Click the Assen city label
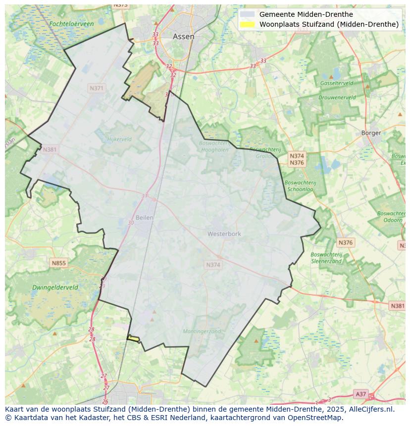tap(183, 37)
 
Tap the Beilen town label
tap(145, 217)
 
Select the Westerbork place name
tap(224, 234)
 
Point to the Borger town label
tap(371, 133)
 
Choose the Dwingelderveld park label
tap(55, 287)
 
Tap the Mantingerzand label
tap(202, 331)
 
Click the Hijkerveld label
tap(119, 140)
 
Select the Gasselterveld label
tap(337, 83)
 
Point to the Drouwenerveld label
tap(337, 97)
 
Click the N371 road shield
tap(97, 88)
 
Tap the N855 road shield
tap(58, 263)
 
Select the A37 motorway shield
tap(361, 394)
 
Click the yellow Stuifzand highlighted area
tap(133, 338)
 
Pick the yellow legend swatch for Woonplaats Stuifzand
tap(247, 24)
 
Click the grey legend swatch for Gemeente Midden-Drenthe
tap(247, 14)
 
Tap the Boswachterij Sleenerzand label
tap(326, 258)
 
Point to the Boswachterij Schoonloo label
tap(300, 186)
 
